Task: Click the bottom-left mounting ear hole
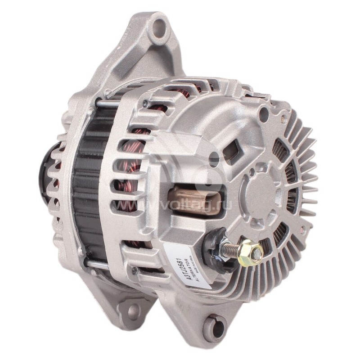pos(134,311)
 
